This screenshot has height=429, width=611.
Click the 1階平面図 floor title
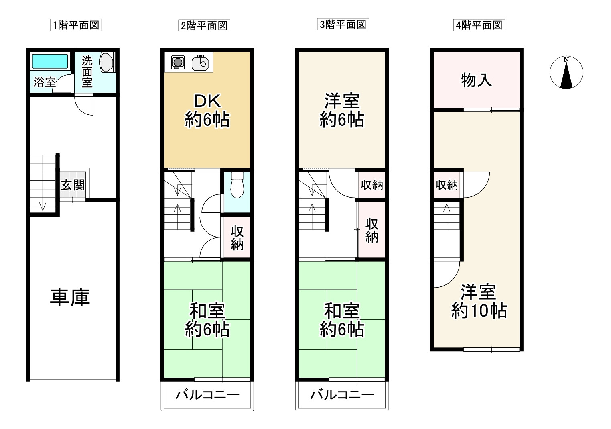pos(76,25)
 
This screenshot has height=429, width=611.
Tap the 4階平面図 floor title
pos(479,25)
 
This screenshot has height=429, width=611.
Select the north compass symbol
pos(566,73)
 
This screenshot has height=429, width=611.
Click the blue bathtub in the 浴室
pos(50,61)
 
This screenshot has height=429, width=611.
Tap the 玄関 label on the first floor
pos(73,185)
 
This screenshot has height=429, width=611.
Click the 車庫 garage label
pos(70,297)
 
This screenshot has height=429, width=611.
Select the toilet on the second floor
pos(237,185)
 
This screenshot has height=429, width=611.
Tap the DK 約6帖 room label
pos(207,110)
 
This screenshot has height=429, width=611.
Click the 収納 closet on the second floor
pos(237,238)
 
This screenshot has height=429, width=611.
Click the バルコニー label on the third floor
pos(342,395)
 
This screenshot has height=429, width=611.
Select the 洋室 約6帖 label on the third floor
pos(342,110)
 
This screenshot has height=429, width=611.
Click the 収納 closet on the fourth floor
pos(447,185)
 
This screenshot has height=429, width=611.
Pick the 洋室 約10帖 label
pos(479,301)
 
